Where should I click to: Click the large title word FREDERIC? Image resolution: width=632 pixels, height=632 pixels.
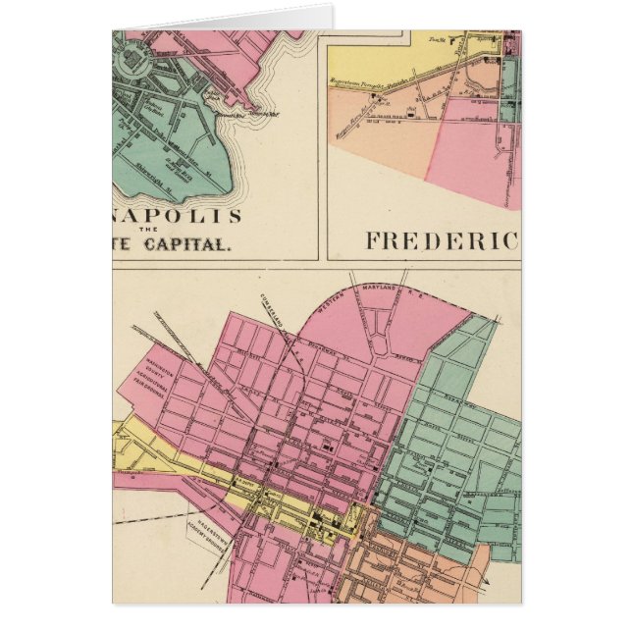441,239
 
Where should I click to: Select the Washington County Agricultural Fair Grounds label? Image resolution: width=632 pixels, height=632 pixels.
158,377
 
